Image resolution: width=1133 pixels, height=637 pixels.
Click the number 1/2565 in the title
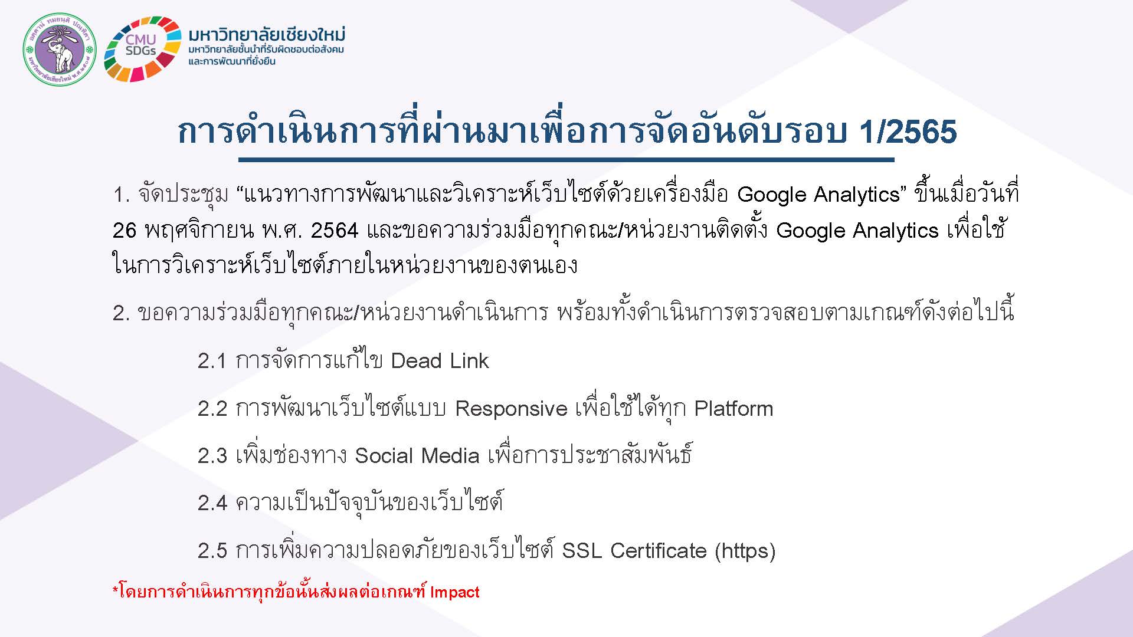click(x=908, y=131)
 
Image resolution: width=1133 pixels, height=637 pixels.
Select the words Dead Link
click(x=440, y=361)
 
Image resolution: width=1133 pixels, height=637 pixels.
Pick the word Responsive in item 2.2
click(x=511, y=409)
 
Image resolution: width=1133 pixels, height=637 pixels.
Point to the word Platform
click(x=733, y=408)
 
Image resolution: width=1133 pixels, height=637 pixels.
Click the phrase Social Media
click(x=417, y=455)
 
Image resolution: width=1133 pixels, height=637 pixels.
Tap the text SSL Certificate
click(x=634, y=550)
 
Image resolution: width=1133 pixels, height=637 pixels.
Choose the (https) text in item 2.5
click(x=745, y=551)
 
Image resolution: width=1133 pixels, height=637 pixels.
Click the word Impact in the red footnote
click(x=454, y=592)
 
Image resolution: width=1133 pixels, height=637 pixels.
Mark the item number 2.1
click(x=212, y=361)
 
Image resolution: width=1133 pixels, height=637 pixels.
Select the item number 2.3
click(x=212, y=456)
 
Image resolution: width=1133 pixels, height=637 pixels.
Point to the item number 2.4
click(x=212, y=503)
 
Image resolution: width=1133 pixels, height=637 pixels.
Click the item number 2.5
click(x=212, y=551)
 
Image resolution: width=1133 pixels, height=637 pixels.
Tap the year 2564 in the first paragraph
click(x=335, y=230)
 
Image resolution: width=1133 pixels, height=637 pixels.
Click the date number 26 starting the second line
click(x=125, y=230)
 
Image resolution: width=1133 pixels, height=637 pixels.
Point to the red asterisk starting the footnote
click(x=115, y=589)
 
